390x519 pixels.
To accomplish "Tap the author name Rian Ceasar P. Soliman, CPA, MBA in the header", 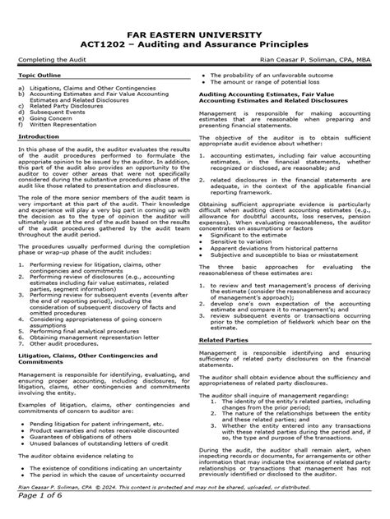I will pos(314,57).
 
